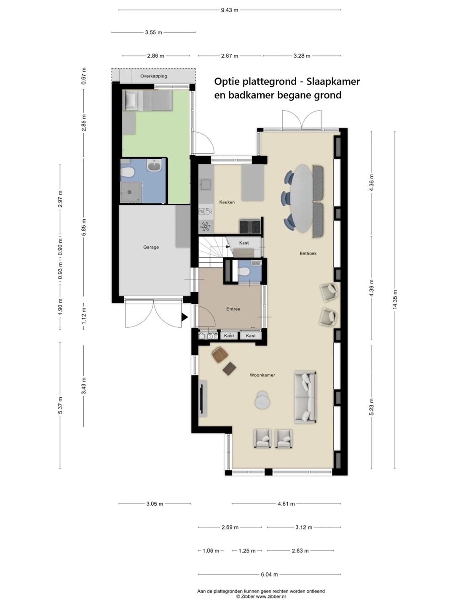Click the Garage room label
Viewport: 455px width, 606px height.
coord(151,247)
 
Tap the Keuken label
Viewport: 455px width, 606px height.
coord(227,202)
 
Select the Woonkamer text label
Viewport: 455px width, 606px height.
coord(262,375)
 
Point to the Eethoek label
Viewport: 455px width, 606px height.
coord(308,253)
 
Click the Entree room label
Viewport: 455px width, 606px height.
coord(233,309)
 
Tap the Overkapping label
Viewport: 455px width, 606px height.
coord(153,76)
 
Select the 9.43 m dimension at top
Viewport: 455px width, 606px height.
coord(230,10)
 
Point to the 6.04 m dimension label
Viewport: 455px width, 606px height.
coord(269,574)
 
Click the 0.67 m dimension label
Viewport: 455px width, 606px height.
coord(84,76)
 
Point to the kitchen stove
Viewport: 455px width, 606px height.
coord(250,226)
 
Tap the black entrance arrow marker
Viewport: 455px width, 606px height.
coord(185,317)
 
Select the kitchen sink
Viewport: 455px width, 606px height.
coord(206,184)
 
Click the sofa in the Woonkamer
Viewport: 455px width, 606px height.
coord(305,397)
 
